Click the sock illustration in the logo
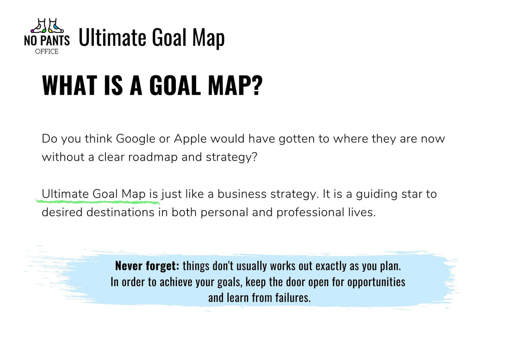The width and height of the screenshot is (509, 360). [x=47, y=26]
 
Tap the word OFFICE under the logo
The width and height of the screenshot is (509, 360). [x=47, y=51]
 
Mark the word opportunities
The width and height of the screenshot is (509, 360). [x=376, y=281]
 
